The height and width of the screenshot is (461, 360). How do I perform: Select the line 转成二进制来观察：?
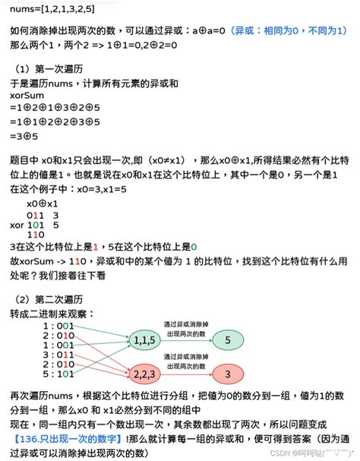(53, 313)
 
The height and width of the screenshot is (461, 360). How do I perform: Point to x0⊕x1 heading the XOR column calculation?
(42, 204)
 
